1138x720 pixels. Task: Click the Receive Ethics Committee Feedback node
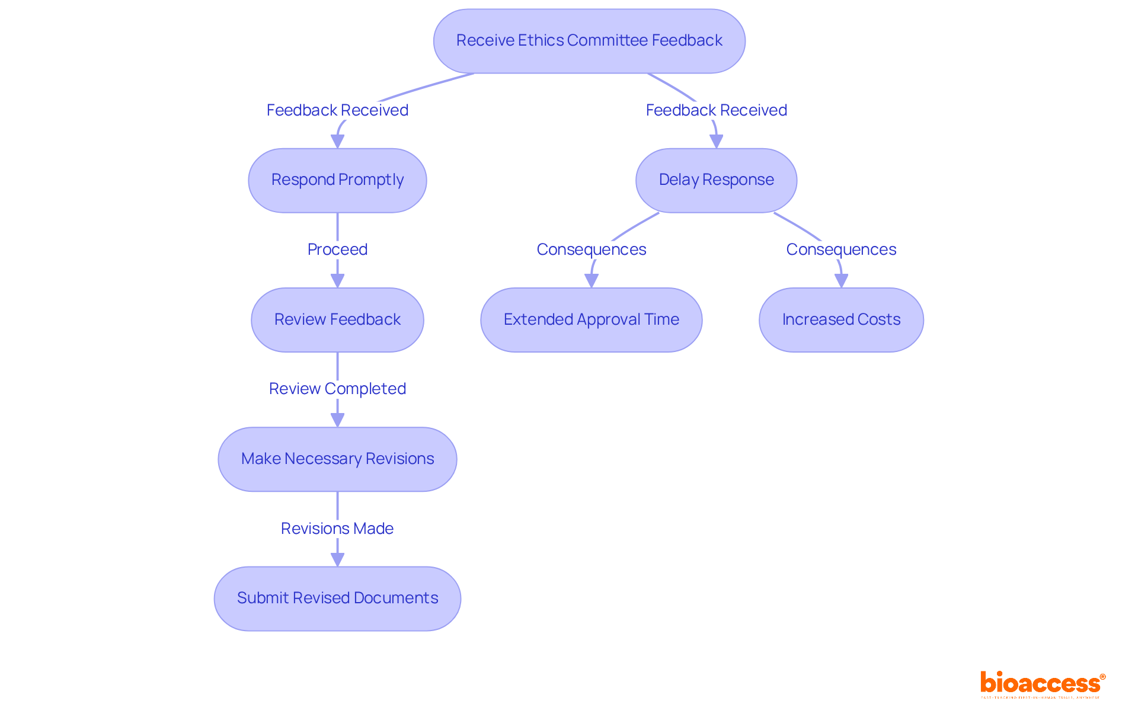pos(589,41)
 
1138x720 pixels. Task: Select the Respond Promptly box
pos(337,180)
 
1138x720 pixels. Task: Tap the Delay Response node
pos(716,180)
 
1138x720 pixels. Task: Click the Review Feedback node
pos(337,320)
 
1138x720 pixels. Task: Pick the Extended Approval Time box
pos(591,320)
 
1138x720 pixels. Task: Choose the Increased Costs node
pos(841,320)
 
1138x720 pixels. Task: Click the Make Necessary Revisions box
pos(337,459)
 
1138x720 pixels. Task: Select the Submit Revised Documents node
pos(337,599)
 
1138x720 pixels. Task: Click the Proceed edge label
pos(337,249)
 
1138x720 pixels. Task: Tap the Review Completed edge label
pos(337,389)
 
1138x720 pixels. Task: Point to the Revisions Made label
pos(337,529)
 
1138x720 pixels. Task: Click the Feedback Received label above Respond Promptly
pos(337,110)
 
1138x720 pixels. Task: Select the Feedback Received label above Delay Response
pos(716,110)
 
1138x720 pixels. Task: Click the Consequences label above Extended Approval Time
pos(591,249)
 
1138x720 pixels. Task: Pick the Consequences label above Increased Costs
pos(841,249)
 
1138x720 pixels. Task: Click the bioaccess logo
pos(1042,684)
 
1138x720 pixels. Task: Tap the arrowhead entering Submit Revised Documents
pos(337,559)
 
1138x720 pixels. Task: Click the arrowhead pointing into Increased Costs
pos(841,281)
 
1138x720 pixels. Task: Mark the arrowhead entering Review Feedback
pos(337,281)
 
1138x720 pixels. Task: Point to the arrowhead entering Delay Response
pos(716,142)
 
